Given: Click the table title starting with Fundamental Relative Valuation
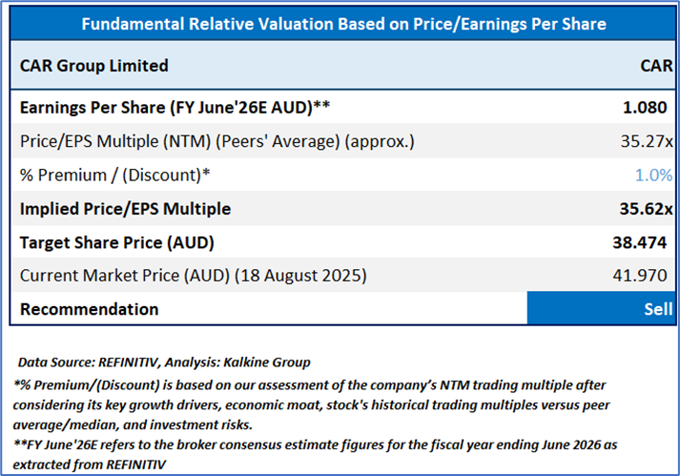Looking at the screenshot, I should click(x=343, y=23).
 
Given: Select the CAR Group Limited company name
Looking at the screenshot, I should click(x=93, y=66).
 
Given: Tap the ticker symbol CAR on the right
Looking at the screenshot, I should click(x=656, y=66).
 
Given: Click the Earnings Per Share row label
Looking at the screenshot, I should click(x=175, y=108).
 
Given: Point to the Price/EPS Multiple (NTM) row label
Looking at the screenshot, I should click(x=216, y=141).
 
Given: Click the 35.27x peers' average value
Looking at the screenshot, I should click(x=646, y=141).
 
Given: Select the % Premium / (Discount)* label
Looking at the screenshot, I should click(x=115, y=175).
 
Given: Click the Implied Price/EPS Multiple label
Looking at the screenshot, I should click(x=125, y=208).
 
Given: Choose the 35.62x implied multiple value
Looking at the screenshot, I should click(x=646, y=208).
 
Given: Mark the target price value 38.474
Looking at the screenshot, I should click(x=643, y=242).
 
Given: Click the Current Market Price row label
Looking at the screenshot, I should click(x=194, y=276).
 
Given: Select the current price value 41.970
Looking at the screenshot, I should click(x=645, y=276).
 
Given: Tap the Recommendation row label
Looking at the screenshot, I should click(x=89, y=309).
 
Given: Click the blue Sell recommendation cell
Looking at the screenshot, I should click(x=602, y=309).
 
